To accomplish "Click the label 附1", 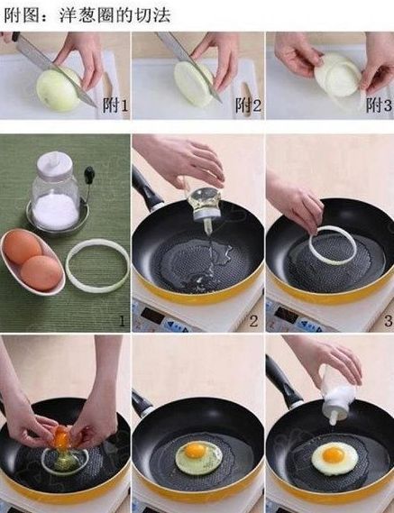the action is [115, 105].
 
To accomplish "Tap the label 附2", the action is [248, 105].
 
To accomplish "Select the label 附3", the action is [379, 105].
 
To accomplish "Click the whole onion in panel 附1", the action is [59, 89].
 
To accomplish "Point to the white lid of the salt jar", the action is [54, 165].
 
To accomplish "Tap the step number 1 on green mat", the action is [122, 321].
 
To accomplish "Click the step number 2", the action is [253, 321].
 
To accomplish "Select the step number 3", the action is [388, 321].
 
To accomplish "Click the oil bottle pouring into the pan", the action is [205, 205].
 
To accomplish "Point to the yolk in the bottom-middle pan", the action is [196, 451].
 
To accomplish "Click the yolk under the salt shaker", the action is [333, 454].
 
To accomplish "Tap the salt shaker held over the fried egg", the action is [338, 398].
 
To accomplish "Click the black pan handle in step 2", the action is [146, 188].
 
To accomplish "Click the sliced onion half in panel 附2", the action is [193, 84].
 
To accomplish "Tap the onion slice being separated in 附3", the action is [338, 75].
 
